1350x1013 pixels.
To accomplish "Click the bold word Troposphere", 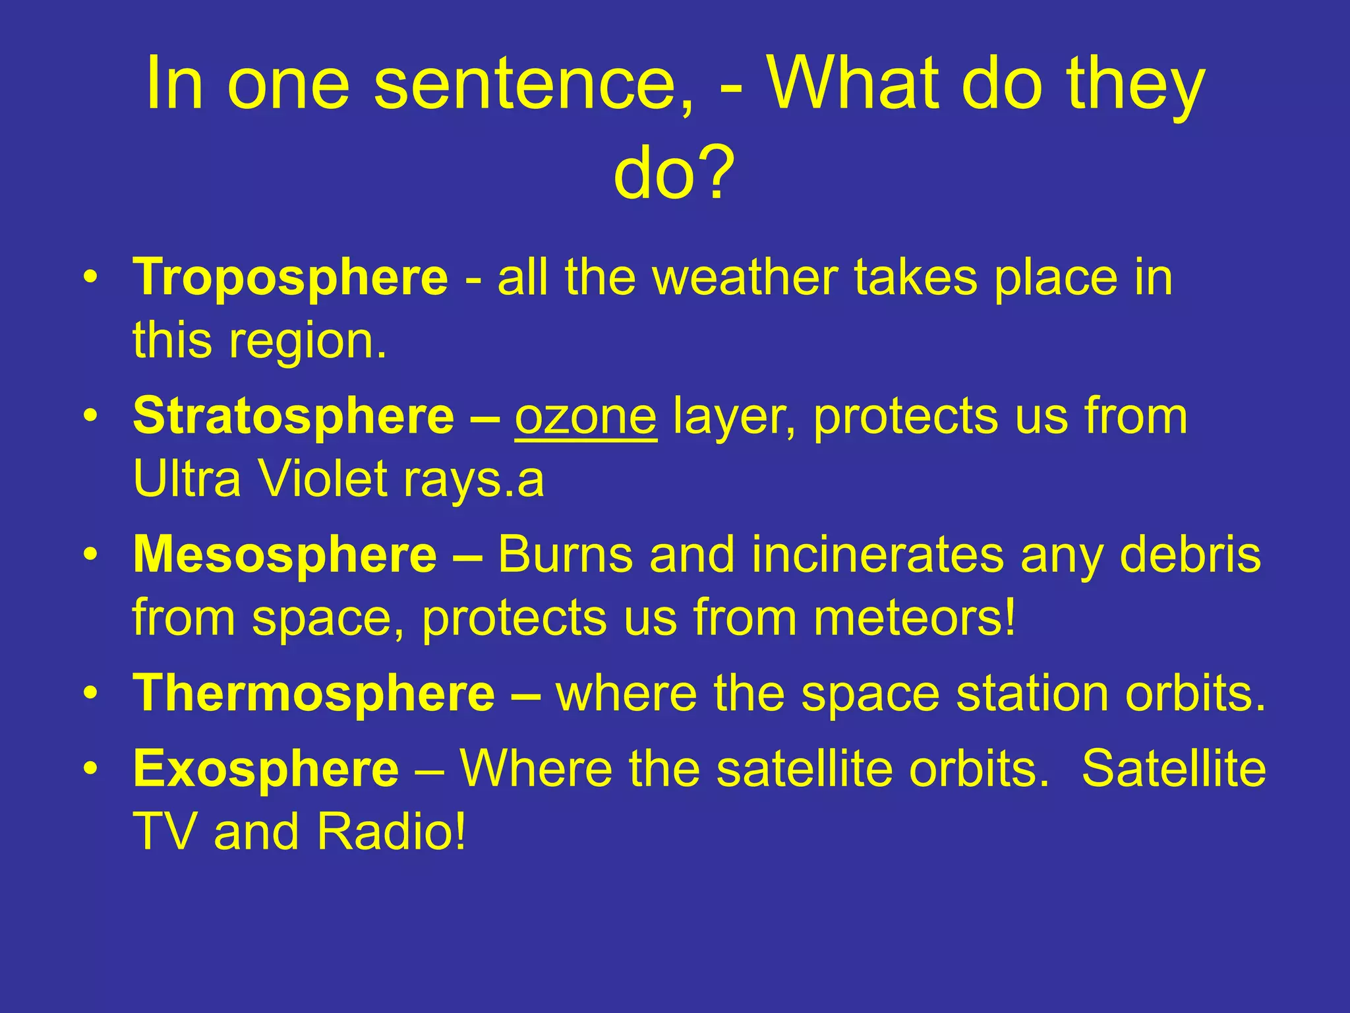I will tap(290, 278).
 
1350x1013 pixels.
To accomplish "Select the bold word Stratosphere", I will tap(293, 417).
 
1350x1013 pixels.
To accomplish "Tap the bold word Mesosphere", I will tap(285, 555).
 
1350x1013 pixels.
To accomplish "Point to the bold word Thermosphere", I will tap(314, 694).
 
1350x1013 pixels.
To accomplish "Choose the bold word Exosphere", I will tap(266, 769).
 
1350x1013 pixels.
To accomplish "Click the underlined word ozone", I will tap(585, 417).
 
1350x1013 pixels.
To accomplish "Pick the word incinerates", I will tap(877, 555).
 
